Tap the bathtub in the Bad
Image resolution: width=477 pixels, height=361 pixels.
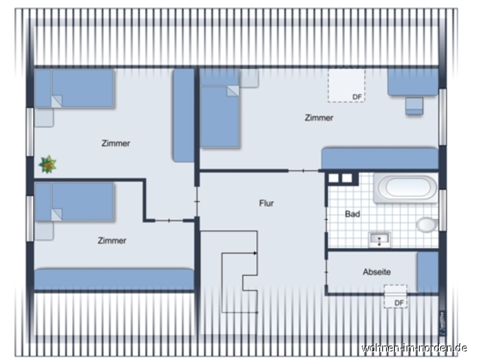[406, 188]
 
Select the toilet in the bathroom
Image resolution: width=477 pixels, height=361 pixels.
[426, 224]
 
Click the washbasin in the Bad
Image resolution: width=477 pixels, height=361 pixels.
[379, 238]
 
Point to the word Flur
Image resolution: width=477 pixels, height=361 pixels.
[266, 203]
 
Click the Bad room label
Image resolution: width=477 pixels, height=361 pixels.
[352, 214]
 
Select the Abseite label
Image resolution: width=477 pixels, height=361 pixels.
[376, 271]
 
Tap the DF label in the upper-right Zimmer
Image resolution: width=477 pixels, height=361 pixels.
[357, 97]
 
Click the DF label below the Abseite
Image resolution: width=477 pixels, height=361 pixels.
[399, 302]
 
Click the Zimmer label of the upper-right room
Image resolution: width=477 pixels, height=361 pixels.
[319, 117]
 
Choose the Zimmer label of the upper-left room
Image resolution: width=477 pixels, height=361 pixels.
[116, 144]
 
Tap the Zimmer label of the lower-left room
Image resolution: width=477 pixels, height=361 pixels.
[112, 241]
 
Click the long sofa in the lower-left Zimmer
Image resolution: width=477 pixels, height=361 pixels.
[114, 279]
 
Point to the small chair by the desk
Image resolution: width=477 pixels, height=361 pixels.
[415, 106]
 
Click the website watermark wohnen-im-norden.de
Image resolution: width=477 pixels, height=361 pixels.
[415, 347]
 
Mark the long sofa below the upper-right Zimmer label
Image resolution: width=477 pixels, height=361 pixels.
[379, 158]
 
